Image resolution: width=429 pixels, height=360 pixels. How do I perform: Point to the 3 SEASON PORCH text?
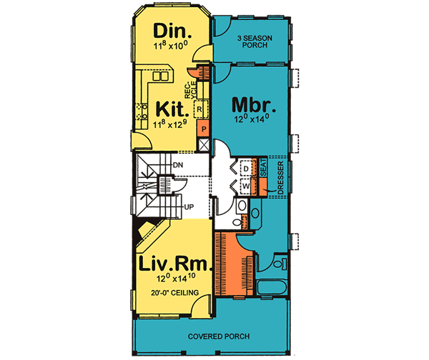(252, 41)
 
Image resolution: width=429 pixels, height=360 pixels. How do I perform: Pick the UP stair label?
(189, 207)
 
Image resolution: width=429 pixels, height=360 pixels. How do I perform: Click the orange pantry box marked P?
(204, 129)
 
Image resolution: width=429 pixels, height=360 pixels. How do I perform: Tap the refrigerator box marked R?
(199, 109)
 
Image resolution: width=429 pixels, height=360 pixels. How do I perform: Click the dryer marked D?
(245, 169)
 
